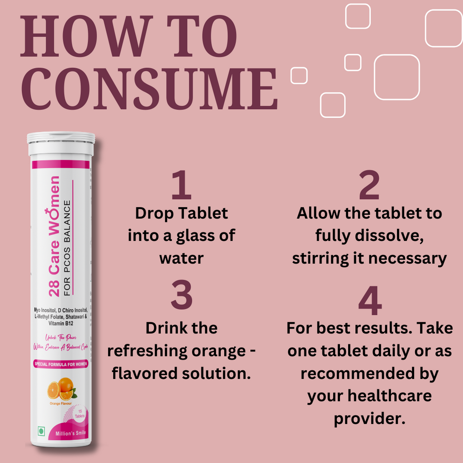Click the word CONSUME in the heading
(149, 89)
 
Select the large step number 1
(181, 186)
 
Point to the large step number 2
(369, 186)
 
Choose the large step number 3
(181, 296)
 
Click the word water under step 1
(181, 259)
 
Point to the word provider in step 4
(368, 419)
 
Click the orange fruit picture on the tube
(61, 388)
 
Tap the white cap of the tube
(61, 143)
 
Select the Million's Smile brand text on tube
(68, 433)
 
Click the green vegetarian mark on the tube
(42, 431)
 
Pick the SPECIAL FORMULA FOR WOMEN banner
(61, 364)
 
